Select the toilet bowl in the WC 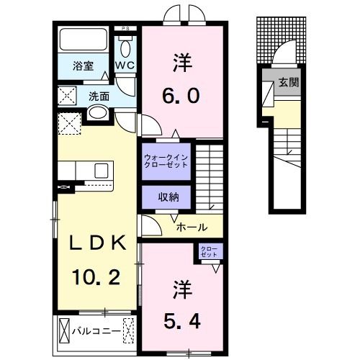[126, 49]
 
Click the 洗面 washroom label [99, 95]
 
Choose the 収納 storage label [165, 197]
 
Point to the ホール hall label [192, 227]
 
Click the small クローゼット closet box [210, 251]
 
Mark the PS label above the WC [126, 29]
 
